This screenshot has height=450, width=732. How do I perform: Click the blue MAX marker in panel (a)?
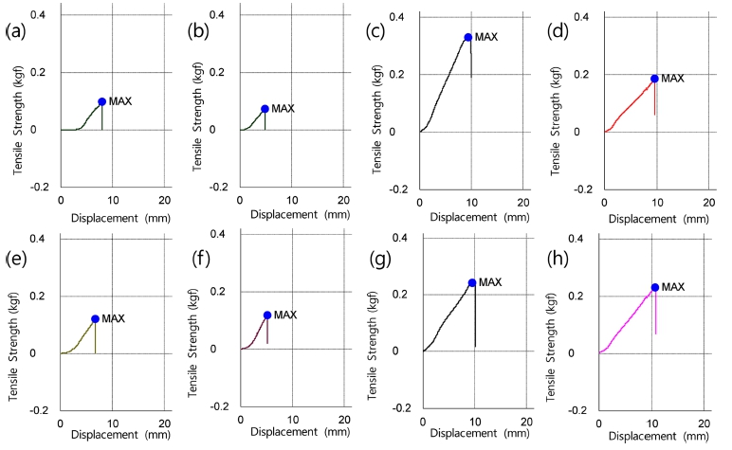(x=101, y=101)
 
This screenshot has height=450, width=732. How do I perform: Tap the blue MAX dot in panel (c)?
(x=468, y=37)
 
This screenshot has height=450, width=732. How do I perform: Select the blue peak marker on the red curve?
(x=654, y=79)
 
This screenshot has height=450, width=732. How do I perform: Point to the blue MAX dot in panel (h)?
(x=654, y=287)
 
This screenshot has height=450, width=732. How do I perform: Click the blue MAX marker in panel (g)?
(x=472, y=282)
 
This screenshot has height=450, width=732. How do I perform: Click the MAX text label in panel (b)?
(x=284, y=108)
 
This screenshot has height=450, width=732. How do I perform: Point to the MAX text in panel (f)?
(x=285, y=315)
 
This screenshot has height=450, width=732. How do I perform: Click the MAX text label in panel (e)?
(x=113, y=318)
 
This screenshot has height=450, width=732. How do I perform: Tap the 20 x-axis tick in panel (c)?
(x=523, y=204)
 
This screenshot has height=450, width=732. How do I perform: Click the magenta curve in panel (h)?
(x=627, y=321)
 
